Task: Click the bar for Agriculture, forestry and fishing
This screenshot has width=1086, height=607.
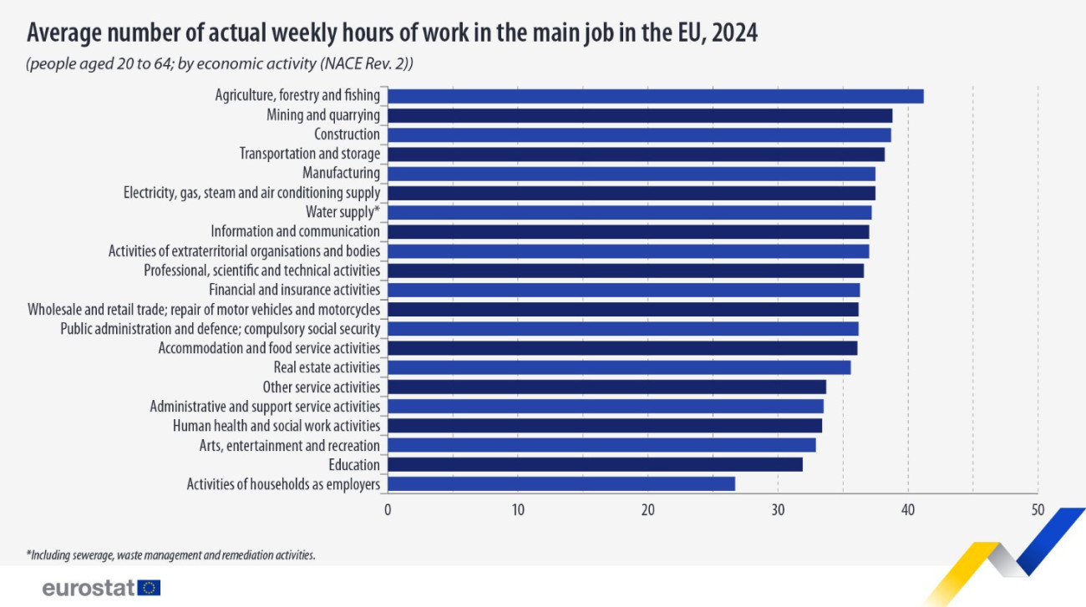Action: click(655, 96)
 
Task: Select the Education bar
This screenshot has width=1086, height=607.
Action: click(595, 464)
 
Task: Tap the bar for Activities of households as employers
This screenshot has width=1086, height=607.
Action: click(561, 483)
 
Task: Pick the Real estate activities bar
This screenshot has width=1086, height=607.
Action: click(619, 367)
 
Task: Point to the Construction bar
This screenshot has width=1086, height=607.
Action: click(639, 134)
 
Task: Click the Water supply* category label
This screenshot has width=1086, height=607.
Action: click(343, 212)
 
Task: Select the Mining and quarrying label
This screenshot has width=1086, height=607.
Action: click(322, 115)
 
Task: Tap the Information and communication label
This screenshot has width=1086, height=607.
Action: click(295, 231)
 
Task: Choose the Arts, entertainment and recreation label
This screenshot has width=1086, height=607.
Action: click(290, 445)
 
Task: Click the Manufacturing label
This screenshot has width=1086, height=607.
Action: click(341, 173)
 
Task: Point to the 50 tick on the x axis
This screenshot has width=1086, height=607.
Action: click(1038, 509)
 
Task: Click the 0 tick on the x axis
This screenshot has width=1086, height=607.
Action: click(388, 509)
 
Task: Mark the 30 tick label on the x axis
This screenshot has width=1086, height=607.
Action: click(778, 509)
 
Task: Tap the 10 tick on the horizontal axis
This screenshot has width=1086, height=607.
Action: click(518, 509)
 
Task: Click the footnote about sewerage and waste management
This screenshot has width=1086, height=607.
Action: click(170, 554)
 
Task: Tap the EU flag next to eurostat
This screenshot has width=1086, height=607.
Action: click(150, 589)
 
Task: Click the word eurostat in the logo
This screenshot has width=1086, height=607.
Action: click(89, 589)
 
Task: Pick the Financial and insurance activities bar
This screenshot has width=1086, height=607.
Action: click(623, 290)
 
